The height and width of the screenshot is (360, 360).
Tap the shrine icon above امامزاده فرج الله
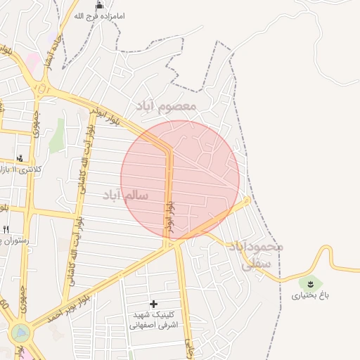tap(98, 4)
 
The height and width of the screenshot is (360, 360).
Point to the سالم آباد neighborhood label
tap(125, 195)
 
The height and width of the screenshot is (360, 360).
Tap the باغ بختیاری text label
tap(310, 295)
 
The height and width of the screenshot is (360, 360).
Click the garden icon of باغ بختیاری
tap(310, 283)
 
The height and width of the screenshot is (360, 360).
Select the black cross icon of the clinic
tap(154, 304)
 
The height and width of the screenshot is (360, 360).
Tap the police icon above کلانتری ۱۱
tap(20, 158)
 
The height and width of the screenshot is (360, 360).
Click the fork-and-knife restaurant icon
tap(6, 229)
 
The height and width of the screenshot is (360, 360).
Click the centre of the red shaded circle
tap(180, 179)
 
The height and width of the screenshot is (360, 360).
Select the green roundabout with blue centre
tap(21, 332)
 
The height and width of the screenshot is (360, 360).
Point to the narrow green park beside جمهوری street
tap(56, 135)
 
